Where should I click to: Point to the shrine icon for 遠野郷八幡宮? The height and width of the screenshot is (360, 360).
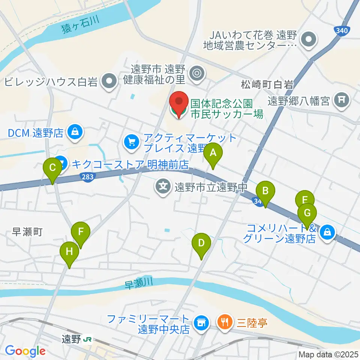point(342,100)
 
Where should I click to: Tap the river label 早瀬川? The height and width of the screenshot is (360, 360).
point(138,284)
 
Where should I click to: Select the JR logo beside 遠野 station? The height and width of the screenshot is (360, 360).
point(88,339)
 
